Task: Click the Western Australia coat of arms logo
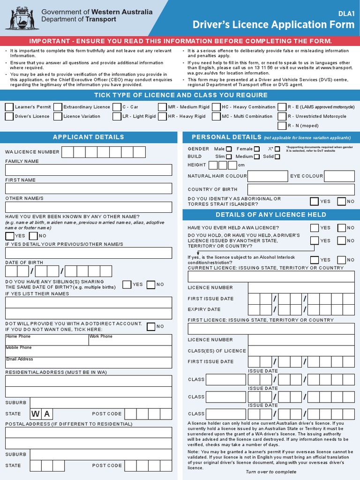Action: [x=22, y=18]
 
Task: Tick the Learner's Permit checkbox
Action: [x=9, y=107]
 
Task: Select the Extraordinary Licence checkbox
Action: [x=58, y=107]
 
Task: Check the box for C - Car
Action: [x=117, y=107]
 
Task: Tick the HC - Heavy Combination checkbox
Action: [x=216, y=107]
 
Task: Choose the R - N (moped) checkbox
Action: [x=282, y=126]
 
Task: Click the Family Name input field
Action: [x=89, y=170]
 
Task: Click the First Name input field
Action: [x=89, y=188]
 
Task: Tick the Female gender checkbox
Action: [x=256, y=149]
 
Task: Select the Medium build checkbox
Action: [x=257, y=157]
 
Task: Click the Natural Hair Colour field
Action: [x=267, y=176]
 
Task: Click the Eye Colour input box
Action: [x=339, y=176]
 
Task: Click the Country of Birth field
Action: [x=301, y=189]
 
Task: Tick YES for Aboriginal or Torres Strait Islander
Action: [x=315, y=201]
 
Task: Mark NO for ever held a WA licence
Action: [x=341, y=228]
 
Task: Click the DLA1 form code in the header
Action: [x=346, y=14]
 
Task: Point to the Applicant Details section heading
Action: [x=89, y=137]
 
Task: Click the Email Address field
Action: [x=89, y=362]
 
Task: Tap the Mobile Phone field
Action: [x=89, y=351]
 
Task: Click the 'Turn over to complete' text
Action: [x=271, y=472]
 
